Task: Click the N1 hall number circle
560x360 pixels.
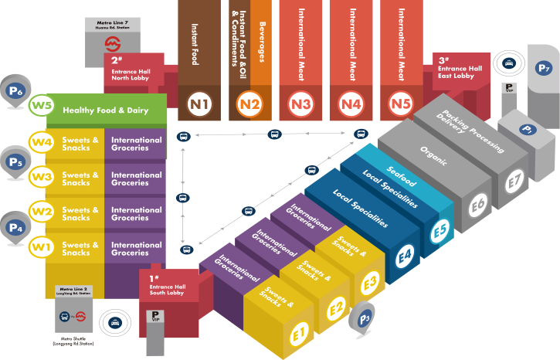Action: tap(199, 103)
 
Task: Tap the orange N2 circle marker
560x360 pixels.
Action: tap(250, 103)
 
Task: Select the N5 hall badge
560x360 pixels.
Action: tap(400, 103)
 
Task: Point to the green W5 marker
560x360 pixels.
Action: tap(40, 106)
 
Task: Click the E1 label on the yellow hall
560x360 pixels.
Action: tap(299, 335)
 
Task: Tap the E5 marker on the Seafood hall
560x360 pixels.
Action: tap(440, 230)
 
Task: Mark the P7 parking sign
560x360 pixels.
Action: tap(544, 68)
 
